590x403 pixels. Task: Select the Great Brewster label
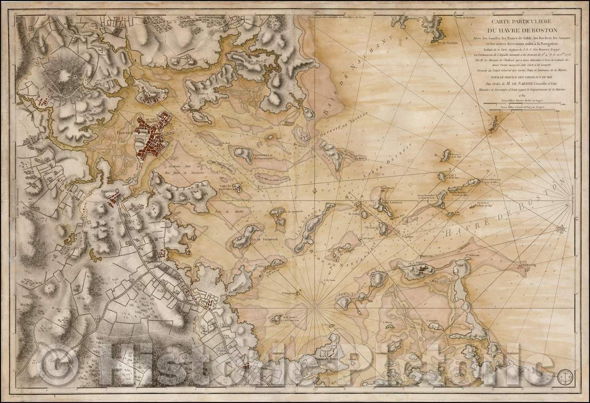pos(424,196)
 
